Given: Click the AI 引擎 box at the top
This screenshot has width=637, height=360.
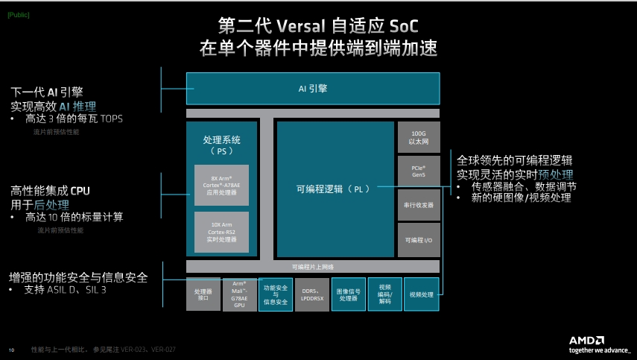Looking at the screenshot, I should [313, 88].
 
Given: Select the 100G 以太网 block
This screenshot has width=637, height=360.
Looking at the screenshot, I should [418, 137].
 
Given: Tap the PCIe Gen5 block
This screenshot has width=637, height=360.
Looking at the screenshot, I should [418, 171].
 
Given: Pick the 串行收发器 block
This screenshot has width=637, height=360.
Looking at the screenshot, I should [418, 204].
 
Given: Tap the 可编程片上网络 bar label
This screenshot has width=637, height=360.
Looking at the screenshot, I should [313, 266].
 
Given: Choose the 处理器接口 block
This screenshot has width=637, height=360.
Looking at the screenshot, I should [203, 294].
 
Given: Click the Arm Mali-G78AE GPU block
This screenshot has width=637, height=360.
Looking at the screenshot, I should [239, 294].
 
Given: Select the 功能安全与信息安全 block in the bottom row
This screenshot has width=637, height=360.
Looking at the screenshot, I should [275, 294].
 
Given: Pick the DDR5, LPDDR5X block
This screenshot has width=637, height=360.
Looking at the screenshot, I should [311, 294].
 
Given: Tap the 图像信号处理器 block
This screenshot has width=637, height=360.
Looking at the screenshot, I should [348, 294].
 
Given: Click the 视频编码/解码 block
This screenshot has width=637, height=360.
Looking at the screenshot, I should [384, 294].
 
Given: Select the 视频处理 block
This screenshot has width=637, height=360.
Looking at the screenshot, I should [421, 294].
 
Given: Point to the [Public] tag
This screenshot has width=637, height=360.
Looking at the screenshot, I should [19, 16].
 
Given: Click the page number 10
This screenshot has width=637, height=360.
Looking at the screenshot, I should [11, 350].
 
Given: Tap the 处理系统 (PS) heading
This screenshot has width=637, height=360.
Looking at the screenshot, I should [221, 145].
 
